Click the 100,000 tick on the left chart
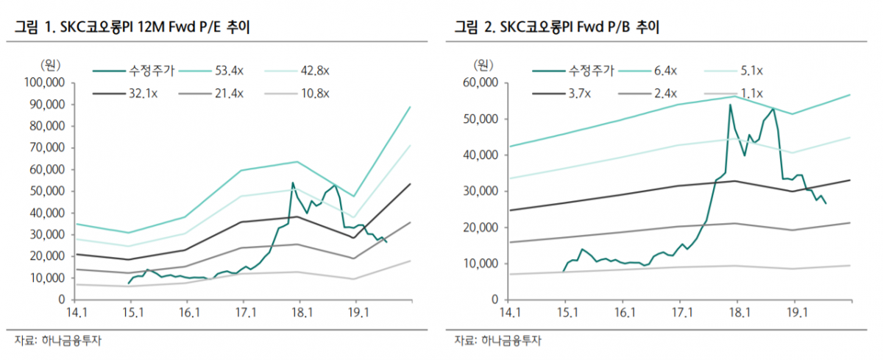tap(45, 82)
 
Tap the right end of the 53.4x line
tap(410, 107)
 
